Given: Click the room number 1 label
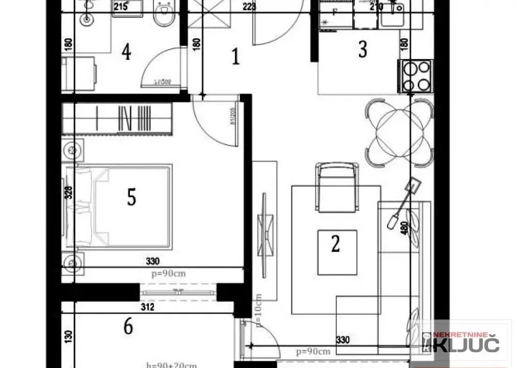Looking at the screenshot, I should [235, 56].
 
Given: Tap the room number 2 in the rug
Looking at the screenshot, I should [335, 243].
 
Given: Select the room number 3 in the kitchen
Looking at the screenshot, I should [363, 50].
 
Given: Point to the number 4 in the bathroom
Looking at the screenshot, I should [126, 52].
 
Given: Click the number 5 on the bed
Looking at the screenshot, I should [131, 197].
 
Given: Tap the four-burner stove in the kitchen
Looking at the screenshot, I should [415, 76].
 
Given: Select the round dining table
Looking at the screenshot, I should [400, 132].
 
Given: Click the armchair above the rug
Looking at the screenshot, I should [336, 187].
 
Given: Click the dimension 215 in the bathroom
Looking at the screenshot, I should [121, 7].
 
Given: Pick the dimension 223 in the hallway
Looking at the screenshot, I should [249, 7].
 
